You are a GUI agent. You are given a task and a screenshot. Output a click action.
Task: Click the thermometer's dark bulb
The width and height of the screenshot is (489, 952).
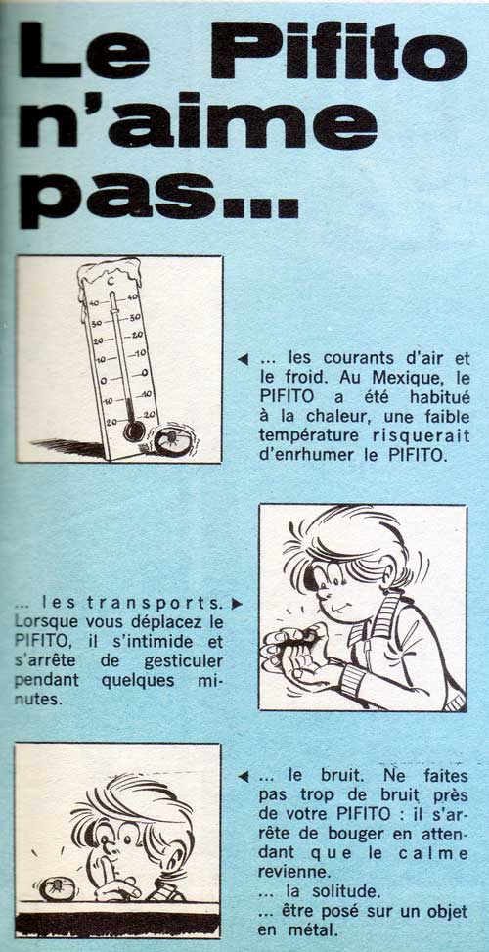[x=134, y=431]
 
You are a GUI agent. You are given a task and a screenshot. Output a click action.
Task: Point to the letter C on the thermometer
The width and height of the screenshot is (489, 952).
[x=111, y=281]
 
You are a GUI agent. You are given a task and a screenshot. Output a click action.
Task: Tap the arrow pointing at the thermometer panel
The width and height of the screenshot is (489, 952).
[x=244, y=359]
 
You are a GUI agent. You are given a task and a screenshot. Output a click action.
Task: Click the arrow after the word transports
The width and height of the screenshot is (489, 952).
[x=238, y=604]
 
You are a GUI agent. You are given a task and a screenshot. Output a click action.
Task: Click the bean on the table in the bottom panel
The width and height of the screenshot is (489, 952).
[x=54, y=887]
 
